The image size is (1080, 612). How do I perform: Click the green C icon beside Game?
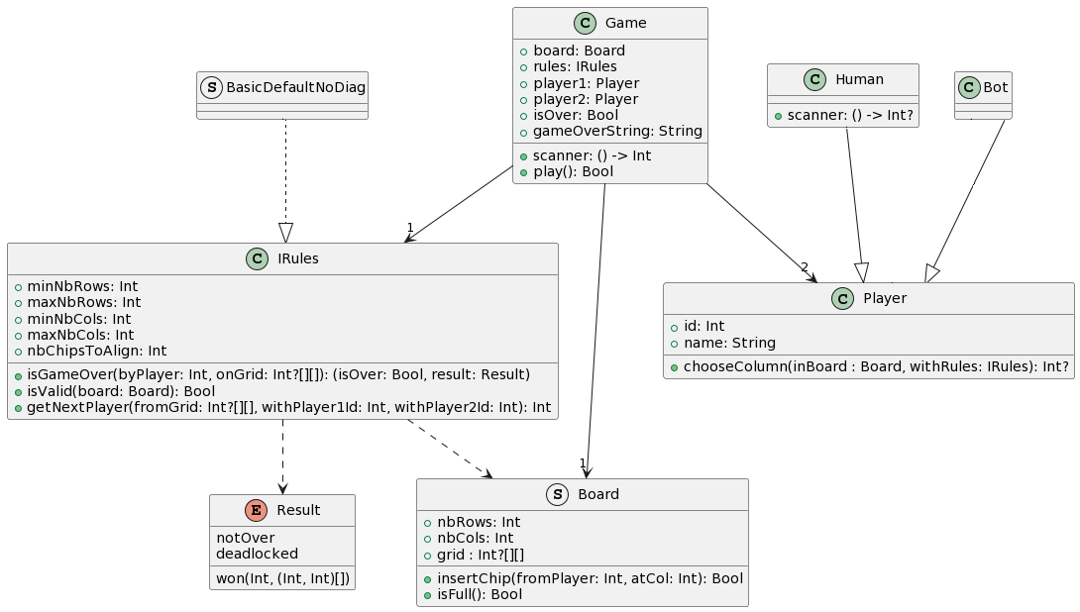(x=585, y=24)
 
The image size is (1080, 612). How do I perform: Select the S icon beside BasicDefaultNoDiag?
(x=211, y=87)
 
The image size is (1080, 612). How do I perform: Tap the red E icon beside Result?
(x=257, y=510)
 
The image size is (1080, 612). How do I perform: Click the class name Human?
(x=859, y=80)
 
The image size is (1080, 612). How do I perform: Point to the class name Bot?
(x=995, y=87)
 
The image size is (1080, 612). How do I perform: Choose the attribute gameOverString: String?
(x=617, y=131)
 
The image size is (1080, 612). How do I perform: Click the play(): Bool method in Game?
(x=573, y=172)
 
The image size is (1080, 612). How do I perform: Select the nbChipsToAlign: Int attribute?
(x=96, y=352)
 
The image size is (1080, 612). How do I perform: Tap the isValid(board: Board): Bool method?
(x=121, y=392)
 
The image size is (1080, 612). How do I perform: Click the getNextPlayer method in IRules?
(x=288, y=408)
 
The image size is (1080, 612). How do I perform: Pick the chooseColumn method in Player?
(x=876, y=367)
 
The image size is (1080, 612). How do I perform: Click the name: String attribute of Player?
(x=729, y=343)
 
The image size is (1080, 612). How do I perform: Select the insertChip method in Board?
(x=590, y=579)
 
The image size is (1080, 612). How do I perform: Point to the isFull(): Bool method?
(x=480, y=595)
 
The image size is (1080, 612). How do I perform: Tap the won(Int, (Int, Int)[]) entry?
(x=282, y=579)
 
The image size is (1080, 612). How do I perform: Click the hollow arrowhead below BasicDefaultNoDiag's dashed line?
(x=285, y=233)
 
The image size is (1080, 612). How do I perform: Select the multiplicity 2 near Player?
(x=805, y=267)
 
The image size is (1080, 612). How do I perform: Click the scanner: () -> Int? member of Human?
(x=850, y=116)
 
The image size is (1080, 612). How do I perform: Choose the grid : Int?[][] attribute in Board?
(x=481, y=555)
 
